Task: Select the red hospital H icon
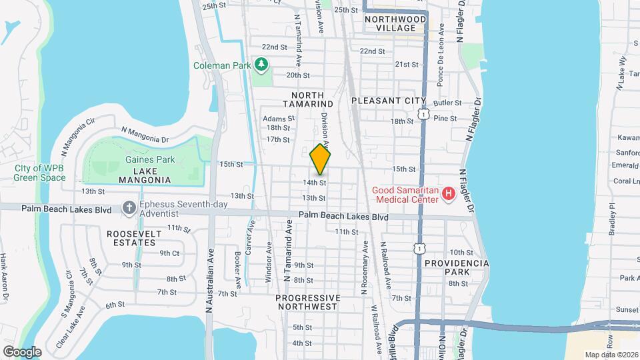pyautogui.click(x=449, y=194)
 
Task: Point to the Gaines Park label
pyautogui.click(x=145, y=160)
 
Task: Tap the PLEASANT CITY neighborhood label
pyautogui.click(x=388, y=100)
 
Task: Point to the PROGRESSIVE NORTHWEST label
pyautogui.click(x=307, y=302)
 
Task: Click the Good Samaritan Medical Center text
pyautogui.click(x=406, y=194)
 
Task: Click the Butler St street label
pyautogui.click(x=447, y=103)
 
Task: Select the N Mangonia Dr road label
pyautogui.click(x=144, y=135)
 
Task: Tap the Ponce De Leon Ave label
pyautogui.click(x=441, y=64)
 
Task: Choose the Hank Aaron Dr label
pyautogui.click(x=4, y=276)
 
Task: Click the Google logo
pyautogui.click(x=22, y=351)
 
